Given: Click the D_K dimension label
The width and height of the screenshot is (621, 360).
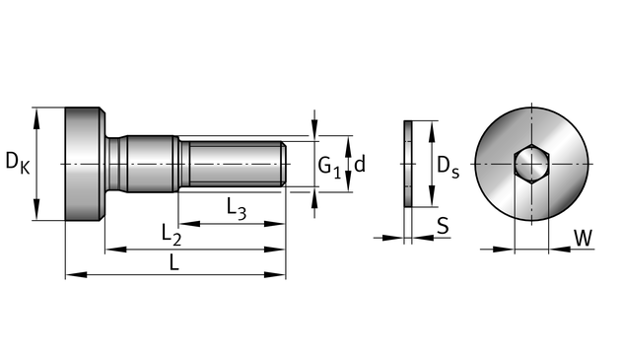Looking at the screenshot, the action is [x=18, y=164].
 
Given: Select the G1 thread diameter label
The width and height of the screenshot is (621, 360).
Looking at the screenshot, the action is [x=329, y=167].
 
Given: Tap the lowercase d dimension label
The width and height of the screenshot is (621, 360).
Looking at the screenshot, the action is [x=360, y=164].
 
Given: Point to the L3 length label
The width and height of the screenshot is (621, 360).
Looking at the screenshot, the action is [x=237, y=208].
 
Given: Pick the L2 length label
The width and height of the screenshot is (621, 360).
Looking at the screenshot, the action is [x=172, y=235].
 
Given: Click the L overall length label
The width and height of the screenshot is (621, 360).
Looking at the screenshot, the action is [x=174, y=262].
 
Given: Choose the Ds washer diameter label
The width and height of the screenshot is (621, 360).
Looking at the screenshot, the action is [x=448, y=167].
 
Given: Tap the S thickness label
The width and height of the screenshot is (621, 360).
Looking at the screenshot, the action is [x=443, y=226].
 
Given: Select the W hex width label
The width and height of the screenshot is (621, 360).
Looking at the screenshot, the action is [x=583, y=238].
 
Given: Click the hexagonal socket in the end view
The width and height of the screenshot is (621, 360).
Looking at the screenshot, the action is [x=531, y=164].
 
